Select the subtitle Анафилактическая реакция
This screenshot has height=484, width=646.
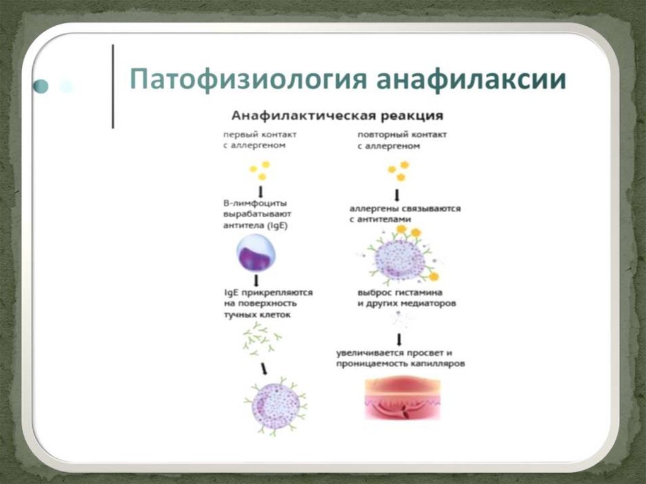tap(338, 116)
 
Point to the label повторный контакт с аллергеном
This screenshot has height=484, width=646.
tap(394, 140)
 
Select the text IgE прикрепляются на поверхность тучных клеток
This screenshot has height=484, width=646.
tap(267, 303)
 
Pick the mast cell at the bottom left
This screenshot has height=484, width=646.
tap(276, 406)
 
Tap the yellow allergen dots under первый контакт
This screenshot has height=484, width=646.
tap(259, 170)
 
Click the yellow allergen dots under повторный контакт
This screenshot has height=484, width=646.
tap(398, 170)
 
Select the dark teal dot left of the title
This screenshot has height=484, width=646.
tap(42, 86)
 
